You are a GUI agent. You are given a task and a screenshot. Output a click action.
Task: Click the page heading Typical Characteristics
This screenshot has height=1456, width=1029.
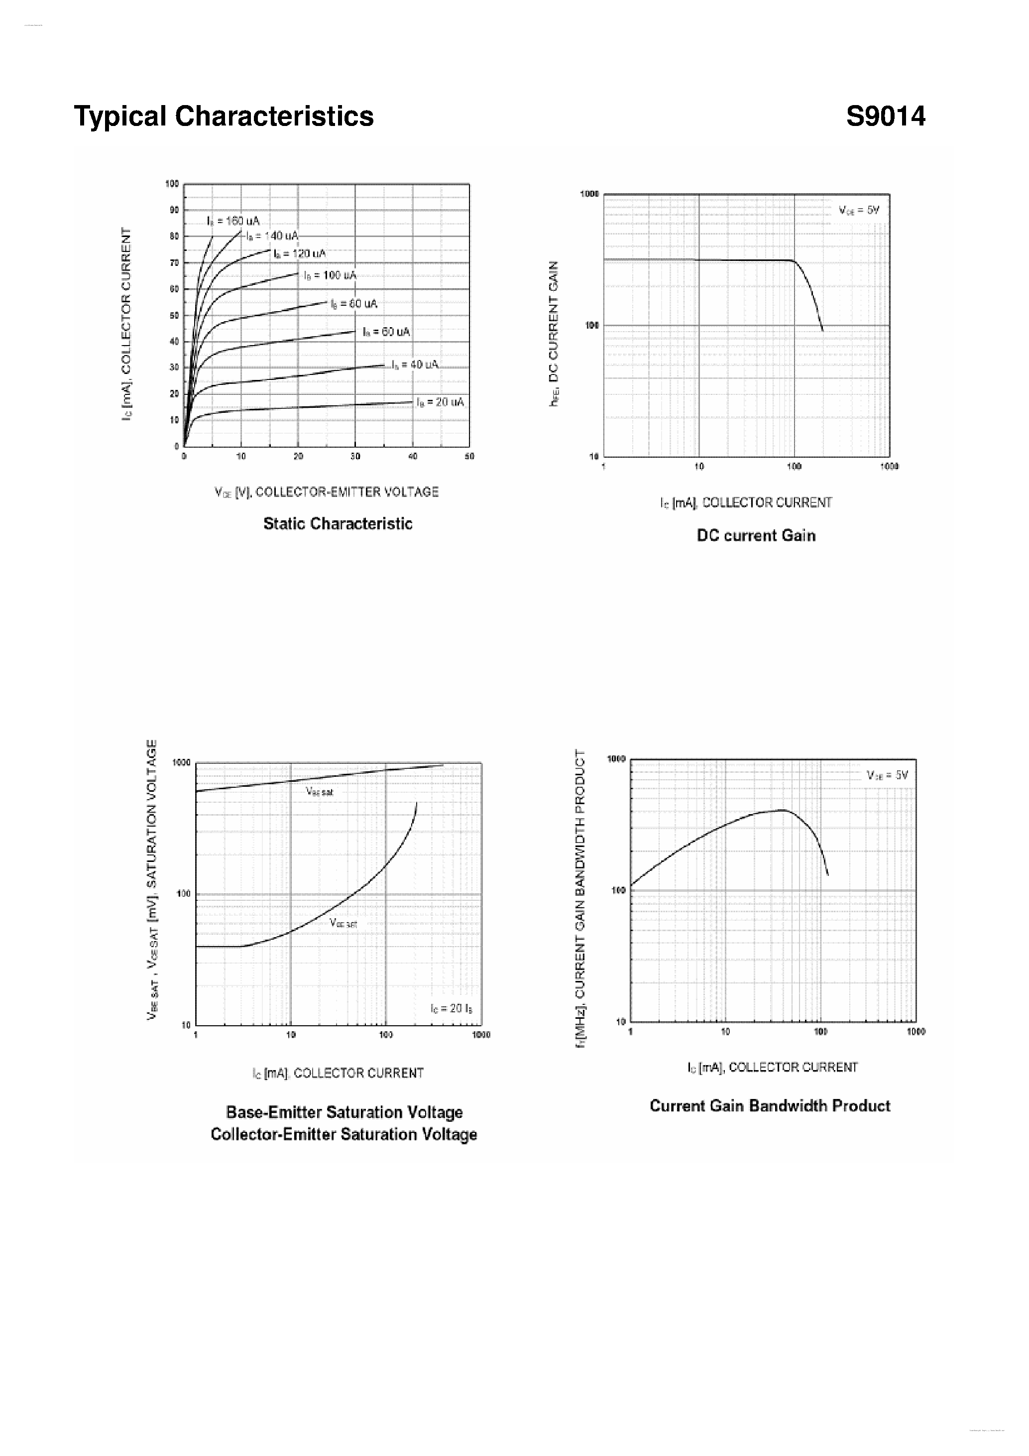click(224, 117)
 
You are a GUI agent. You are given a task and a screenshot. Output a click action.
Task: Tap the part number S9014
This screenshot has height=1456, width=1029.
click(885, 117)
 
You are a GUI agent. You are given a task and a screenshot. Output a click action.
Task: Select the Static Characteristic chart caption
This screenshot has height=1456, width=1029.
click(338, 524)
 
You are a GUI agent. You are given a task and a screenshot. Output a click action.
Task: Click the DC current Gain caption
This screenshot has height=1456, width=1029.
click(756, 536)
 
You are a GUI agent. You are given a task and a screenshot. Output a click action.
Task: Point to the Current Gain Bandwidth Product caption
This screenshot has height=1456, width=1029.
click(770, 1106)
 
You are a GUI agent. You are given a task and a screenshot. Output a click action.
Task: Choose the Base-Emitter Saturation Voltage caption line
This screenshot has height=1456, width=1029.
click(344, 1112)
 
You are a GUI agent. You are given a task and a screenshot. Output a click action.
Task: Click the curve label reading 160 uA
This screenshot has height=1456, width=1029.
click(233, 221)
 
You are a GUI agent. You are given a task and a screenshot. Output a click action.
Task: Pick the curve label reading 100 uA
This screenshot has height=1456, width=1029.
click(331, 275)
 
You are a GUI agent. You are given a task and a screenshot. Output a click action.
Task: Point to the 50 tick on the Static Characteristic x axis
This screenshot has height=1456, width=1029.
click(469, 457)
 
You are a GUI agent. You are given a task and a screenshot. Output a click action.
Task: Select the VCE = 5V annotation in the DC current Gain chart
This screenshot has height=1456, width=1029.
click(859, 211)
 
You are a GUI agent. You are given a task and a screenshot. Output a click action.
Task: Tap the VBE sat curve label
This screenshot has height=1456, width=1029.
click(320, 791)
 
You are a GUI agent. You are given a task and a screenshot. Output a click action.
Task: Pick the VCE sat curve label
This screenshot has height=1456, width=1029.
click(343, 923)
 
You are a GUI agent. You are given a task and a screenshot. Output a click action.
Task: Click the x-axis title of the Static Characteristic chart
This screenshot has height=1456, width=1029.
click(327, 492)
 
